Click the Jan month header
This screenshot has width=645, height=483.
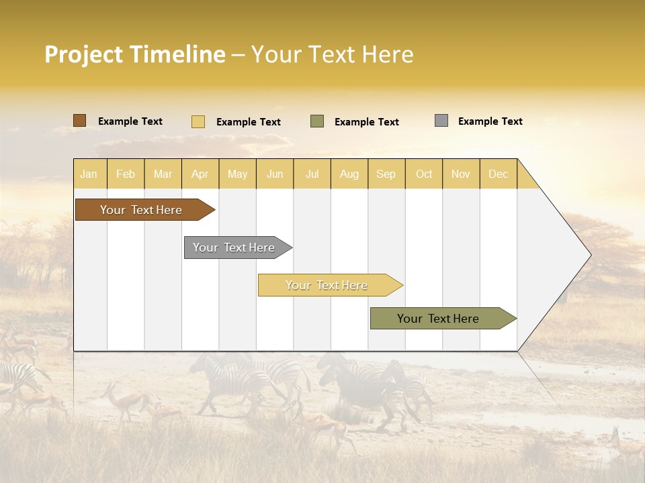pyautogui.click(x=89, y=174)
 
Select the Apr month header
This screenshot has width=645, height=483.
pyautogui.click(x=200, y=174)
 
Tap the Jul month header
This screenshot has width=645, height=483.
pyautogui.click(x=312, y=174)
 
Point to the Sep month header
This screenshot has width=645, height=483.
pyautogui.click(x=386, y=174)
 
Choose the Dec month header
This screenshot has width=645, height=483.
pyautogui.click(x=498, y=174)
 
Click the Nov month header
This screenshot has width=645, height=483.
pyautogui.click(x=460, y=174)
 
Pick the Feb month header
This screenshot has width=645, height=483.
pyautogui.click(x=126, y=174)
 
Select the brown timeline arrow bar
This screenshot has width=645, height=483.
pyautogui.click(x=141, y=210)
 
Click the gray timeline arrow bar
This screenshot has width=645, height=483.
pyautogui.click(x=234, y=248)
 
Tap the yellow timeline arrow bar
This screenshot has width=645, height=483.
pyautogui.click(x=327, y=285)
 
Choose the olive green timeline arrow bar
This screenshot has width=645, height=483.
pyautogui.click(x=438, y=319)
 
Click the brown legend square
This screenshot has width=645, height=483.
pyautogui.click(x=79, y=121)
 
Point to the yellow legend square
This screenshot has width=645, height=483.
pyautogui.click(x=198, y=121)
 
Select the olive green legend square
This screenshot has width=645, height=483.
pyautogui.click(x=317, y=121)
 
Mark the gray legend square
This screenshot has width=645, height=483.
pyautogui.click(x=441, y=121)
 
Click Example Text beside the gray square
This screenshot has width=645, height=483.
pyautogui.click(x=490, y=121)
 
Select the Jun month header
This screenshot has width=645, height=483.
pyautogui.click(x=275, y=174)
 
